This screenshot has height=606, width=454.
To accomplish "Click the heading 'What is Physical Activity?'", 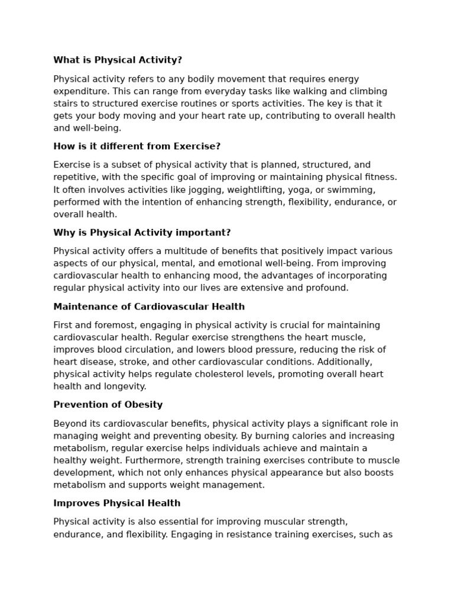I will point(118,60).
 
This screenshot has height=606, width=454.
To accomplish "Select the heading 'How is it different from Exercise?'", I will point(137,146).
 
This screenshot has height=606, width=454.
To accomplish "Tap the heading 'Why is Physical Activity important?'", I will point(142,233).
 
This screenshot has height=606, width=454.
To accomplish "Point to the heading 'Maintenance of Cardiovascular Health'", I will point(149,307).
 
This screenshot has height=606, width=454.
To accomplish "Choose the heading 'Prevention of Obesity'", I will point(108,405).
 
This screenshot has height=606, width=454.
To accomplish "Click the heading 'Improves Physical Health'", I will point(117,503).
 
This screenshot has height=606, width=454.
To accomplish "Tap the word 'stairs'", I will point(66,104).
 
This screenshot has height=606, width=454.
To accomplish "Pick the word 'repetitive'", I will point(75,177).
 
